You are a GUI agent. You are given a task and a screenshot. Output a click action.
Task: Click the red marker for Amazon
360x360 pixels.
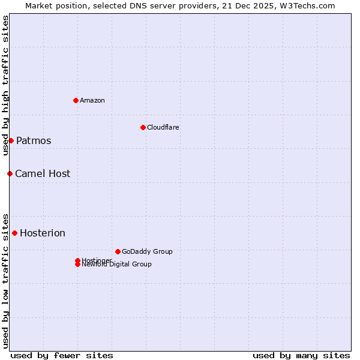tap(76, 100)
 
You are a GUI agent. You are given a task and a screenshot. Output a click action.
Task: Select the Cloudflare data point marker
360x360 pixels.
tap(143, 127)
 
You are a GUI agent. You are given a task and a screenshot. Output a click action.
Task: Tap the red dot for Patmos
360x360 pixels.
tap(11, 140)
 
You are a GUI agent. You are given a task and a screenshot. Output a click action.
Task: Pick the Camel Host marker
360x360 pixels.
tap(10, 173)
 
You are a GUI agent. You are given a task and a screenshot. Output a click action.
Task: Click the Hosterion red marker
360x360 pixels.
tap(14, 233)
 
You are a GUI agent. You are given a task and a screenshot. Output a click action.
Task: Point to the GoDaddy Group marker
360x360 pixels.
tap(118, 251)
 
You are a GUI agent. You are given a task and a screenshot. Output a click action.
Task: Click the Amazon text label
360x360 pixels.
tap(92, 100)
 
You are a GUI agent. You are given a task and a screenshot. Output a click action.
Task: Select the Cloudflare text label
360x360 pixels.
tap(163, 127)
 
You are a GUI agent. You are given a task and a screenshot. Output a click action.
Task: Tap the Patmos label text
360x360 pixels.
tap(34, 141)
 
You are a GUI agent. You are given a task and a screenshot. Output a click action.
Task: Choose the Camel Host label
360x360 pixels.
tap(43, 174)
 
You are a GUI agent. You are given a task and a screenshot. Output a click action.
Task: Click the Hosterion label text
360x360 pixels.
tap(43, 233)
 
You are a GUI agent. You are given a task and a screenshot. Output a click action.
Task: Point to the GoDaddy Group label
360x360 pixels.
tap(147, 251)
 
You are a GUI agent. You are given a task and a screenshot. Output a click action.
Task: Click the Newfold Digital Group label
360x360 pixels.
tap(117, 265)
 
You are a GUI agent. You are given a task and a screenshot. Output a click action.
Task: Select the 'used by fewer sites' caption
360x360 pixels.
tap(62, 355)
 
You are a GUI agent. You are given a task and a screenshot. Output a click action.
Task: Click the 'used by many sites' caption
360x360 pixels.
tap(301, 355)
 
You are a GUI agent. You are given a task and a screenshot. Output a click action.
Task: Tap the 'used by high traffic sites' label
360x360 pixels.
tap(5, 85)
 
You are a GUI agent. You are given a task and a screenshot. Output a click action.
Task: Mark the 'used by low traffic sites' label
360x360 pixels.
tap(5, 280)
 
